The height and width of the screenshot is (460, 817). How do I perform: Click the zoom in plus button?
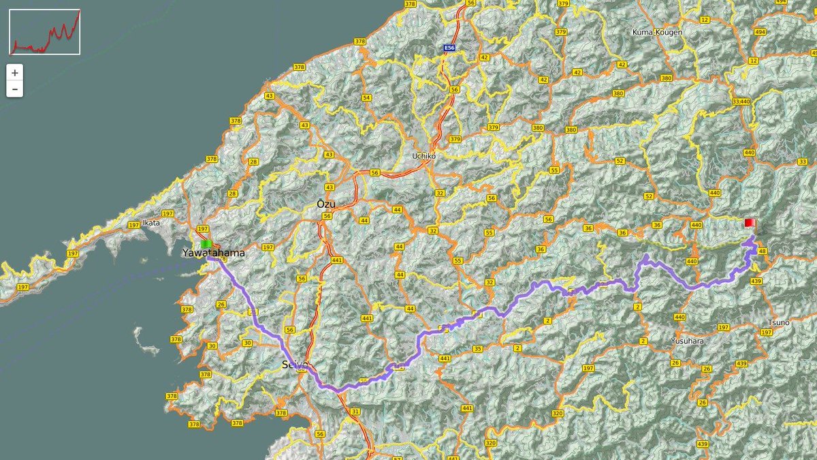14,72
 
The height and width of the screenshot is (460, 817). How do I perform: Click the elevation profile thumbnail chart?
45,31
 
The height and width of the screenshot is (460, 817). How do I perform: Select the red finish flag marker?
750,223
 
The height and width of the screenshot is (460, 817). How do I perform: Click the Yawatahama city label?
212,253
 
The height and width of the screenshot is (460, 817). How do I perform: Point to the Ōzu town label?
326,204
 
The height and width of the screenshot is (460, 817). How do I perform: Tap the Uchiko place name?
423,156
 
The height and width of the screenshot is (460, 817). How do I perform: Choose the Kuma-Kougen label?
657,32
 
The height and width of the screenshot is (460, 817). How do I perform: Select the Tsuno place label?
778,323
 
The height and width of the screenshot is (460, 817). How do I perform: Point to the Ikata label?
151,222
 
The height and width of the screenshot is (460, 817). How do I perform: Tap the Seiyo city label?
295,365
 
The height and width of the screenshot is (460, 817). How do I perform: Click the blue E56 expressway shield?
449,48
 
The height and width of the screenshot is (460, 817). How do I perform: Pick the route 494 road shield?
760,32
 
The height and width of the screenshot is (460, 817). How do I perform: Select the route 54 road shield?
367,98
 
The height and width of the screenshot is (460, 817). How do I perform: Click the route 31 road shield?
355,412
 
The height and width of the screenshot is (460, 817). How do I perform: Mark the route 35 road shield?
477,349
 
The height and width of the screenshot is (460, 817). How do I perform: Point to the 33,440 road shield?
741,102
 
